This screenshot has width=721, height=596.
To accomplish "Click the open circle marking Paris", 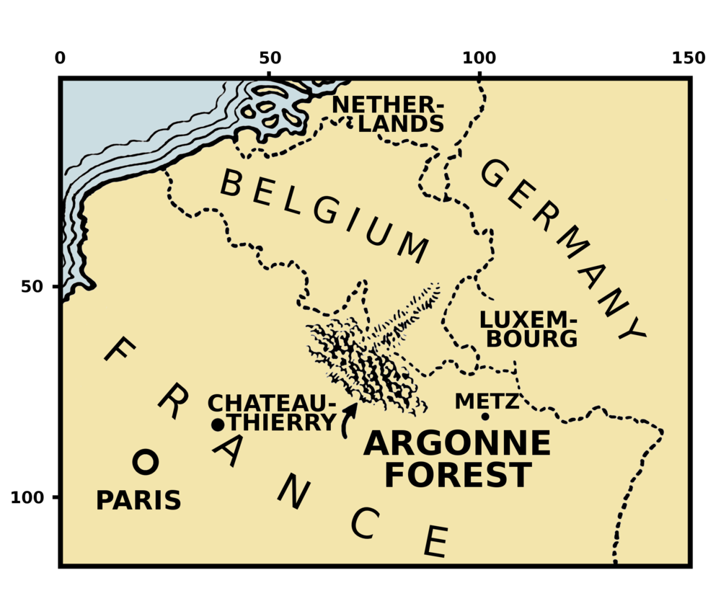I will (x=145, y=461).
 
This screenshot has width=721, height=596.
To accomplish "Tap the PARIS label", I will (x=138, y=500).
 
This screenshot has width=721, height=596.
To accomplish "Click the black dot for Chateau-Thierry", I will (x=217, y=424).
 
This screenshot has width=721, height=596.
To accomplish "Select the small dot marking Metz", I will (x=485, y=416).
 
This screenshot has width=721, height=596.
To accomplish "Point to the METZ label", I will (x=487, y=401).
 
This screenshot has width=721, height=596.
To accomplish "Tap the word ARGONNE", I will (x=457, y=443).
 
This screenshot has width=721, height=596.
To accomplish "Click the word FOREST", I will (x=458, y=476).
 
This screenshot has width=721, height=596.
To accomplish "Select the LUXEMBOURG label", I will (x=529, y=329).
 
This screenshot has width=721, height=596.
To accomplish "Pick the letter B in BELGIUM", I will (x=231, y=184).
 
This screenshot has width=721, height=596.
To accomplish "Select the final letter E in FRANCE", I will (x=436, y=542).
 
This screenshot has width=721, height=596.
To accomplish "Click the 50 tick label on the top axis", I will (x=269, y=58).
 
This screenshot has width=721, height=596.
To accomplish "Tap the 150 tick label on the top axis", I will (x=688, y=58).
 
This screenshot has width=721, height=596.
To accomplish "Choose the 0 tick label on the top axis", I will (x=60, y=58).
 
